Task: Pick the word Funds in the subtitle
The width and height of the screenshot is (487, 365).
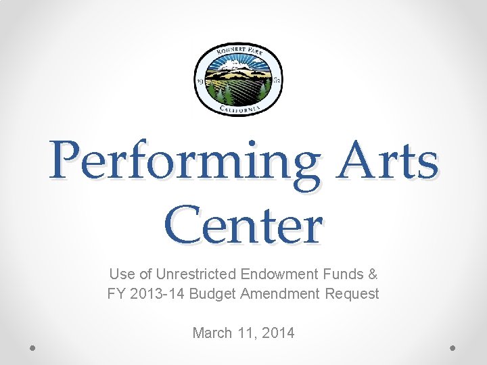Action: point(341,274)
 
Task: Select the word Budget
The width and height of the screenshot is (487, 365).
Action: point(212,294)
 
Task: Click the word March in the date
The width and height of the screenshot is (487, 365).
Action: point(213,333)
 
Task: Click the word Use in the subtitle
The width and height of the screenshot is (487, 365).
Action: point(122,274)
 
